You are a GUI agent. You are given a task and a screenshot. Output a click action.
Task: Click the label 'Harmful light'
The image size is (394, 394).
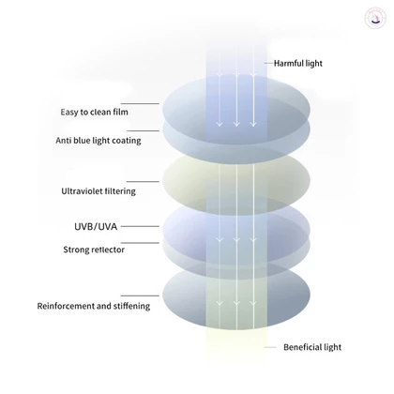point(298,64)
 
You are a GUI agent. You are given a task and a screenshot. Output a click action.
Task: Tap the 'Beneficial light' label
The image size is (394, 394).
point(312,347)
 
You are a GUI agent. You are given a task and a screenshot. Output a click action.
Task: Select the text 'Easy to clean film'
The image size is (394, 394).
point(95,112)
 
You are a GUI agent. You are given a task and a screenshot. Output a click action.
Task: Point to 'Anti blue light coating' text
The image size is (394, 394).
point(98,141)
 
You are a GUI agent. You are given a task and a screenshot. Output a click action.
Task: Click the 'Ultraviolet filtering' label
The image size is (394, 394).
point(98,191)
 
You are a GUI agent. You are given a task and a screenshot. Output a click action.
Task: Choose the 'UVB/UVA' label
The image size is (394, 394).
point(96,226)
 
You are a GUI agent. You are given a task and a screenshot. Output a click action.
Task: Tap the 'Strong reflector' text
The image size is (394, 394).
point(94,250)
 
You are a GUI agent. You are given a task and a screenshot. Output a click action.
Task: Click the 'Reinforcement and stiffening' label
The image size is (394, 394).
point(94,306)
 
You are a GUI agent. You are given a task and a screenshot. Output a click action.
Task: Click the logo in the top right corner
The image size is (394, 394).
point(374,19)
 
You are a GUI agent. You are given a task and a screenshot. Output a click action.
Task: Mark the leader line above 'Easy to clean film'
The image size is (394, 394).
point(140,103)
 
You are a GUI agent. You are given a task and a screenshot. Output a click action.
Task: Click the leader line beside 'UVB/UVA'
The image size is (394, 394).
point(140,226)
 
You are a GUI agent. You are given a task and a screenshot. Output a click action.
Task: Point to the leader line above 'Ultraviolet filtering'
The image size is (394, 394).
point(143,181)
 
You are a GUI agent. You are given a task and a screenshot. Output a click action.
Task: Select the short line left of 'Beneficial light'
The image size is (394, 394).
point(270,347)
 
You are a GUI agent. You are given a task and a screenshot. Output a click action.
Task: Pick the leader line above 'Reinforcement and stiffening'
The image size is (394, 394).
point(140,295)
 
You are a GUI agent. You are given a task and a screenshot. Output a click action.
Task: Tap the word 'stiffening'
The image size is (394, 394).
point(131,306)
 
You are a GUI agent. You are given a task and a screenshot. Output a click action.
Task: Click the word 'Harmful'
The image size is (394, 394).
point(289,64)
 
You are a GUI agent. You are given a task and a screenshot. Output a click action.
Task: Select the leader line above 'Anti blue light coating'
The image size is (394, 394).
point(143,130)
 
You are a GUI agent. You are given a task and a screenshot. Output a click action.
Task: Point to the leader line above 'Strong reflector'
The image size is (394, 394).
point(140,243)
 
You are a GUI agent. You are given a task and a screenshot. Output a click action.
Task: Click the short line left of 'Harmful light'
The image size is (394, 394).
point(268,63)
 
